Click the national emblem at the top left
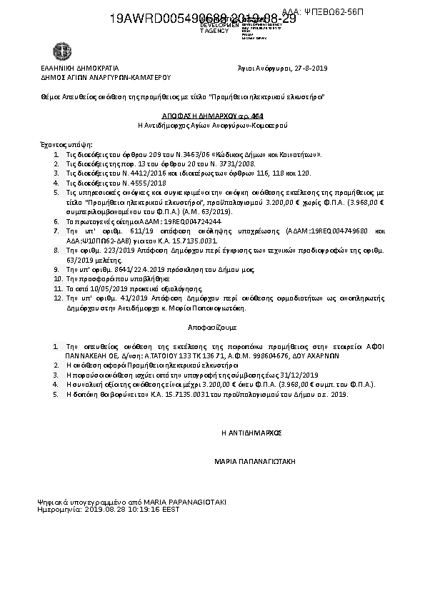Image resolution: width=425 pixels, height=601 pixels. pos(59,52)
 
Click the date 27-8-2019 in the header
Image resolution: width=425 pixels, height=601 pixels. pos(311,68)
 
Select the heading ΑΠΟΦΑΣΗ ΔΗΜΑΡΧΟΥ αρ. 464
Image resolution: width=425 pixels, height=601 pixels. pos(212,114)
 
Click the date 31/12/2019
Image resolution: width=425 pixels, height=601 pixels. pos(304,374)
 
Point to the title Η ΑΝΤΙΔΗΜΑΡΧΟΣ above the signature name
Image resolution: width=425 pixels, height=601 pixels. pos(252,432)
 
